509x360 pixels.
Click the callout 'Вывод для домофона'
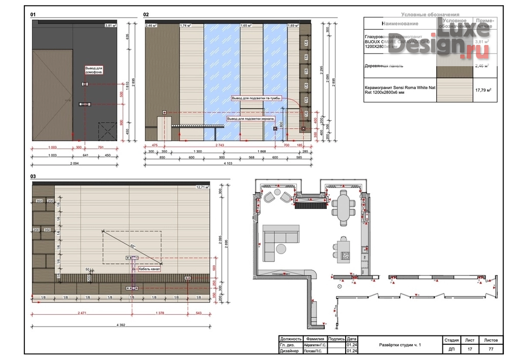tap(94, 70)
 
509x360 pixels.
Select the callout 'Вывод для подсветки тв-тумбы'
tap(257, 98)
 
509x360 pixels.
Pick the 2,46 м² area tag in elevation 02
tap(151, 25)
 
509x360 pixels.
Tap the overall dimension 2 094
tap(74, 163)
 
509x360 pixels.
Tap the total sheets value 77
tap(491, 349)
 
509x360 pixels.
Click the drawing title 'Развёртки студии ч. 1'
tap(400, 345)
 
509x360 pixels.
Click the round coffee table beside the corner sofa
tap(281, 248)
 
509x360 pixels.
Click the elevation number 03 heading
tap(34, 177)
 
